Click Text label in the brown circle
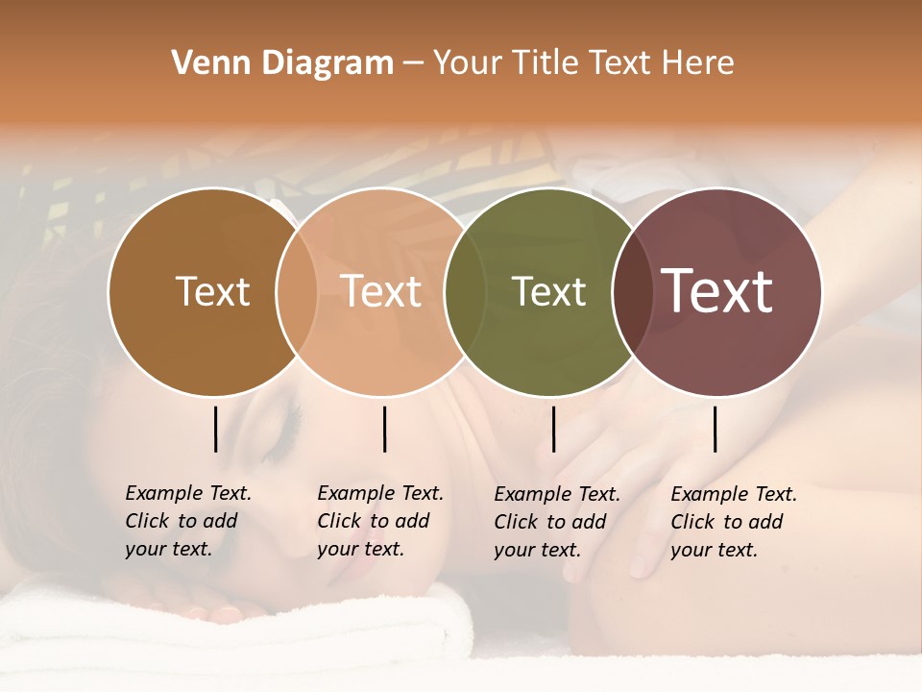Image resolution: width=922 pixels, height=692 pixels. [x=212, y=291]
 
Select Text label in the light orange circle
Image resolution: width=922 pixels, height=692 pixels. [x=381, y=291]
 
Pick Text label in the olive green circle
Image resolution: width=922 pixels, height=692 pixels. [x=548, y=291]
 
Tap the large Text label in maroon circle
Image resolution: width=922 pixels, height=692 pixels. [x=717, y=291]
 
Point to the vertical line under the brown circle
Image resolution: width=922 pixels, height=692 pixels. [x=215, y=429]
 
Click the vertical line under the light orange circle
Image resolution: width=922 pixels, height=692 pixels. [x=384, y=429]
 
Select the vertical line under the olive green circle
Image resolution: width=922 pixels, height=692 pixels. [x=553, y=429]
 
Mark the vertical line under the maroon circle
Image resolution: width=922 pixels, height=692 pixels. [x=715, y=429]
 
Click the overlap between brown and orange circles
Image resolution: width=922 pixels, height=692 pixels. [x=297, y=291]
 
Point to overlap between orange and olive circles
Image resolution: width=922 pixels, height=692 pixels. [x=464, y=291]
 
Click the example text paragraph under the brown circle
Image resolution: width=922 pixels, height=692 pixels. [x=188, y=521]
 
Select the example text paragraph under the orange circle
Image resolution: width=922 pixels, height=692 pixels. [x=380, y=521]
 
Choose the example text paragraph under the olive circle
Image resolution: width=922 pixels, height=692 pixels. [x=557, y=522]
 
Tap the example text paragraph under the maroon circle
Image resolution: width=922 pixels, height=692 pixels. [x=734, y=522]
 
